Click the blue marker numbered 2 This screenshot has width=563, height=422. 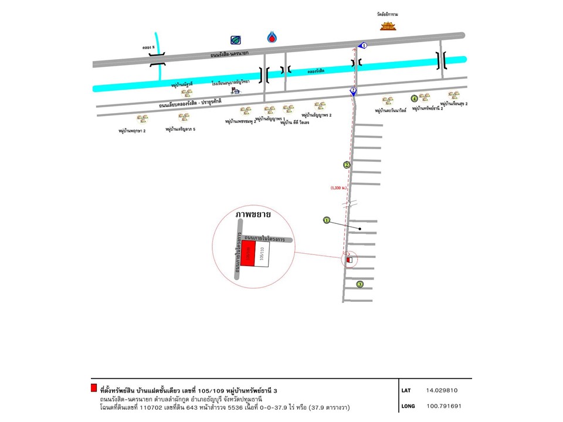353,90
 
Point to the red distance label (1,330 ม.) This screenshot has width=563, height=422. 339,188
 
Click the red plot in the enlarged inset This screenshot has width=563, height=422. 247,254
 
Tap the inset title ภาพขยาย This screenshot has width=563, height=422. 253,215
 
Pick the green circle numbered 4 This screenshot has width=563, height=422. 414,98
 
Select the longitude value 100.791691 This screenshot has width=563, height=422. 444,406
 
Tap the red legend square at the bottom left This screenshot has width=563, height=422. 94,387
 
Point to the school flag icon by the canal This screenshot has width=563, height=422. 236,91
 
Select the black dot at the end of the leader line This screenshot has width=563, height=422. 360,229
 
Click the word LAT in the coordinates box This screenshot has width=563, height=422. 406,390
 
